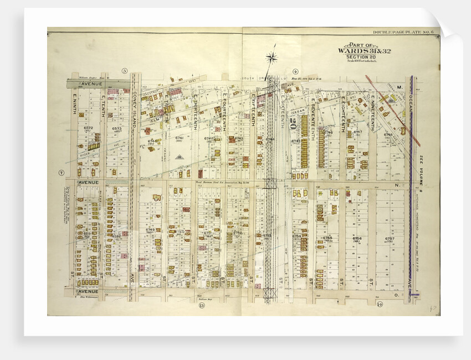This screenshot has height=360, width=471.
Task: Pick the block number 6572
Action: pyautogui.click(x=88, y=128)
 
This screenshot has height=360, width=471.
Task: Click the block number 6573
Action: pyautogui.click(x=116, y=129)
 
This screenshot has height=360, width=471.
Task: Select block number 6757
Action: pyautogui.click(x=389, y=239)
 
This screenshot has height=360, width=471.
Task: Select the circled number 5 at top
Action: pyautogui.click(x=125, y=71)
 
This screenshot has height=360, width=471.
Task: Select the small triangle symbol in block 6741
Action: pyautogui.click(x=178, y=157)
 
